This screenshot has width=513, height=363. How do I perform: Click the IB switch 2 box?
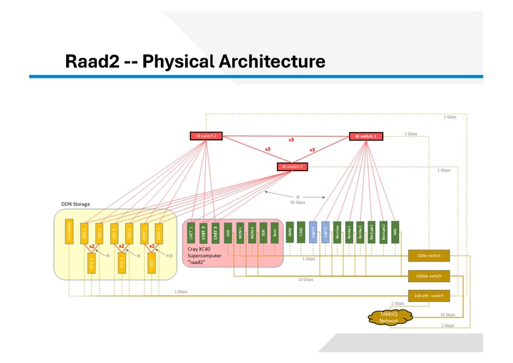point(206,136)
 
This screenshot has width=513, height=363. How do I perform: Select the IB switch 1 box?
point(367,136)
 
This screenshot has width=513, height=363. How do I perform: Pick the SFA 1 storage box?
point(91,264)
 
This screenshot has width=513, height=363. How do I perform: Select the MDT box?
point(152,264)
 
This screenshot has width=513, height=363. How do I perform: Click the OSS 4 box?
point(129,232)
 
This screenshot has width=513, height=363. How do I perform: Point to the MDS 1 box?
point(144,232)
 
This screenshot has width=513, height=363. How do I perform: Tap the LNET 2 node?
point(203,232)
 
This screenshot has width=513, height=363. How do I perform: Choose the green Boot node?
point(274,232)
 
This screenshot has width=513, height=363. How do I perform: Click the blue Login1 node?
point(313,232)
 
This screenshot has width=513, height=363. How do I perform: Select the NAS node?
point(395,232)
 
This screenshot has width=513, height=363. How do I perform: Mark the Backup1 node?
point(372,232)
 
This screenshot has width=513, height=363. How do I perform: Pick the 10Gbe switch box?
point(429,276)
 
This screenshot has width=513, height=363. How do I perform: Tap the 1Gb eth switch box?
point(429,295)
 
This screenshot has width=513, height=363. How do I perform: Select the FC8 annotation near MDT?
point(169,255)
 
